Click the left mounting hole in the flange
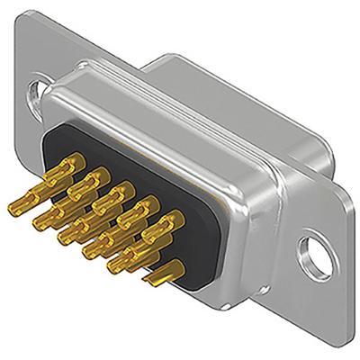(36, 90)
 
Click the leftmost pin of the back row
(66, 166)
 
